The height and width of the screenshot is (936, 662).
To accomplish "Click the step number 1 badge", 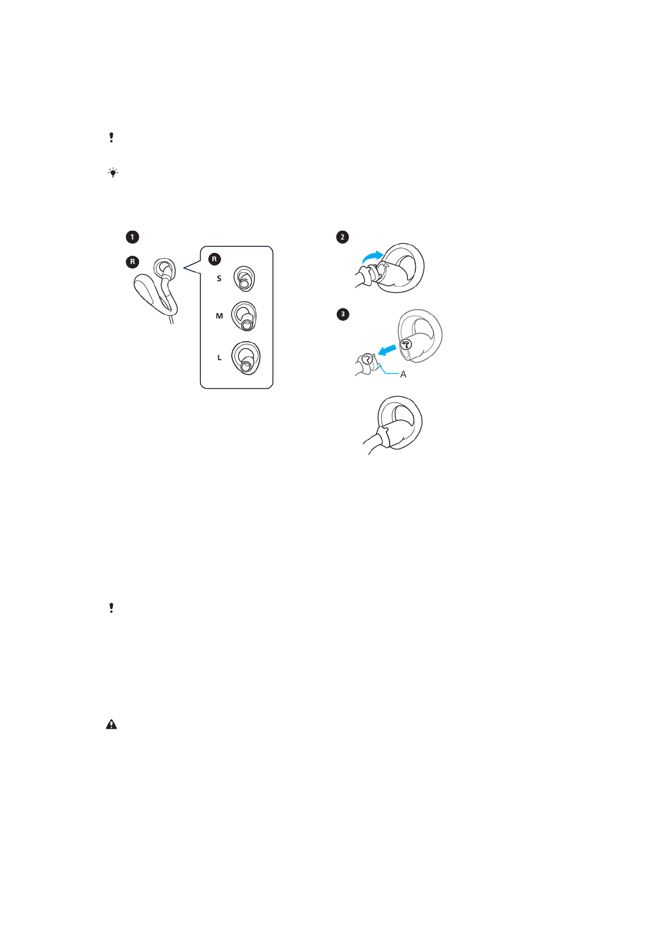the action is pyautogui.click(x=132, y=237).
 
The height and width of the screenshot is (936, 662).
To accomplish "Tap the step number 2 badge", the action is pyautogui.click(x=342, y=237).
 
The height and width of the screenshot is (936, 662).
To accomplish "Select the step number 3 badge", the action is pyautogui.click(x=342, y=315).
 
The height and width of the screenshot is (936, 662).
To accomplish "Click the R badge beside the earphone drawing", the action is pyautogui.click(x=132, y=262).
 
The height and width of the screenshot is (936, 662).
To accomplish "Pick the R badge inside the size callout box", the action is pyautogui.click(x=215, y=259).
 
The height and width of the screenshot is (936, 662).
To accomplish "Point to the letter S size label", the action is pyautogui.click(x=219, y=278).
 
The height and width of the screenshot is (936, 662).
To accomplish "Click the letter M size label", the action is pyautogui.click(x=219, y=316).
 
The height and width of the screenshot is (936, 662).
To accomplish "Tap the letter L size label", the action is pyautogui.click(x=220, y=358).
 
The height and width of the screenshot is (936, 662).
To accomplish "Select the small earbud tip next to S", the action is pyautogui.click(x=244, y=278).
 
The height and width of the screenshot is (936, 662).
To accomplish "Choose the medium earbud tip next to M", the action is pyautogui.click(x=245, y=316).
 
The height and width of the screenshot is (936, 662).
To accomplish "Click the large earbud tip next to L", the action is pyautogui.click(x=246, y=359).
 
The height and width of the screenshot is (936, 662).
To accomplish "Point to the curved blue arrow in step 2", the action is pyautogui.click(x=371, y=257).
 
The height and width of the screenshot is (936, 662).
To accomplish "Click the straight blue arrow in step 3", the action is pyautogui.click(x=387, y=350).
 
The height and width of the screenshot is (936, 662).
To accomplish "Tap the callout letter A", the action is pyautogui.click(x=403, y=375).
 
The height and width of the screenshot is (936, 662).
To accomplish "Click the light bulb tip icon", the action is pyautogui.click(x=113, y=173).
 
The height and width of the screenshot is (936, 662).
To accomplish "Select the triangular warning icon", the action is pyautogui.click(x=112, y=724).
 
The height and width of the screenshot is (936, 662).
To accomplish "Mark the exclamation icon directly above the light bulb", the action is pyautogui.click(x=112, y=137).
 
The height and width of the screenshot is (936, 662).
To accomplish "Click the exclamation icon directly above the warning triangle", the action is pyautogui.click(x=112, y=608).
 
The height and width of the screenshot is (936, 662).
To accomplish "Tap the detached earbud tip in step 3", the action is pyautogui.click(x=420, y=336).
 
